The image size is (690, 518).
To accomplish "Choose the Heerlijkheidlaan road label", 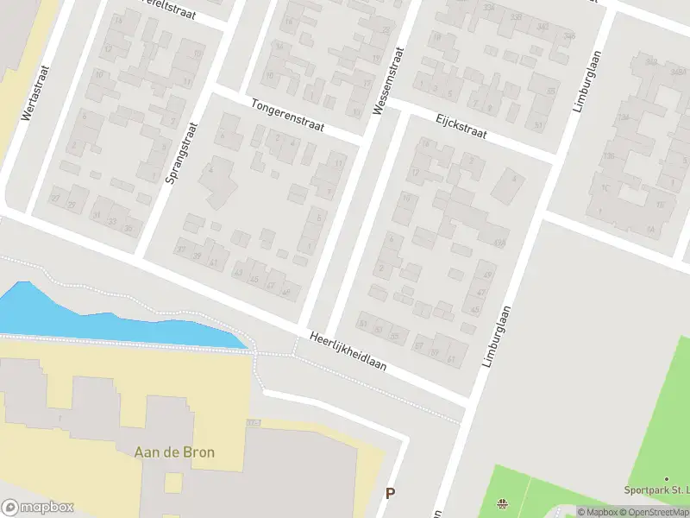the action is click(348, 352).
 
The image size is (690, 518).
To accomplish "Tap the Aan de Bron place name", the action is click(175, 452).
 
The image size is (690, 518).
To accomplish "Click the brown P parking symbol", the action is click(390, 494).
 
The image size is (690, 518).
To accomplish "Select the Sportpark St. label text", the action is click(655, 490).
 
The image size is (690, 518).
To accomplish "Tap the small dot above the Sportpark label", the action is click(666, 478).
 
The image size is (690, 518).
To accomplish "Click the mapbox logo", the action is click(38, 508).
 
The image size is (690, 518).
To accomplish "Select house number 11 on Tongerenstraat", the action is click(338, 163).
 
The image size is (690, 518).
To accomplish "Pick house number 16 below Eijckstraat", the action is click(405, 198).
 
